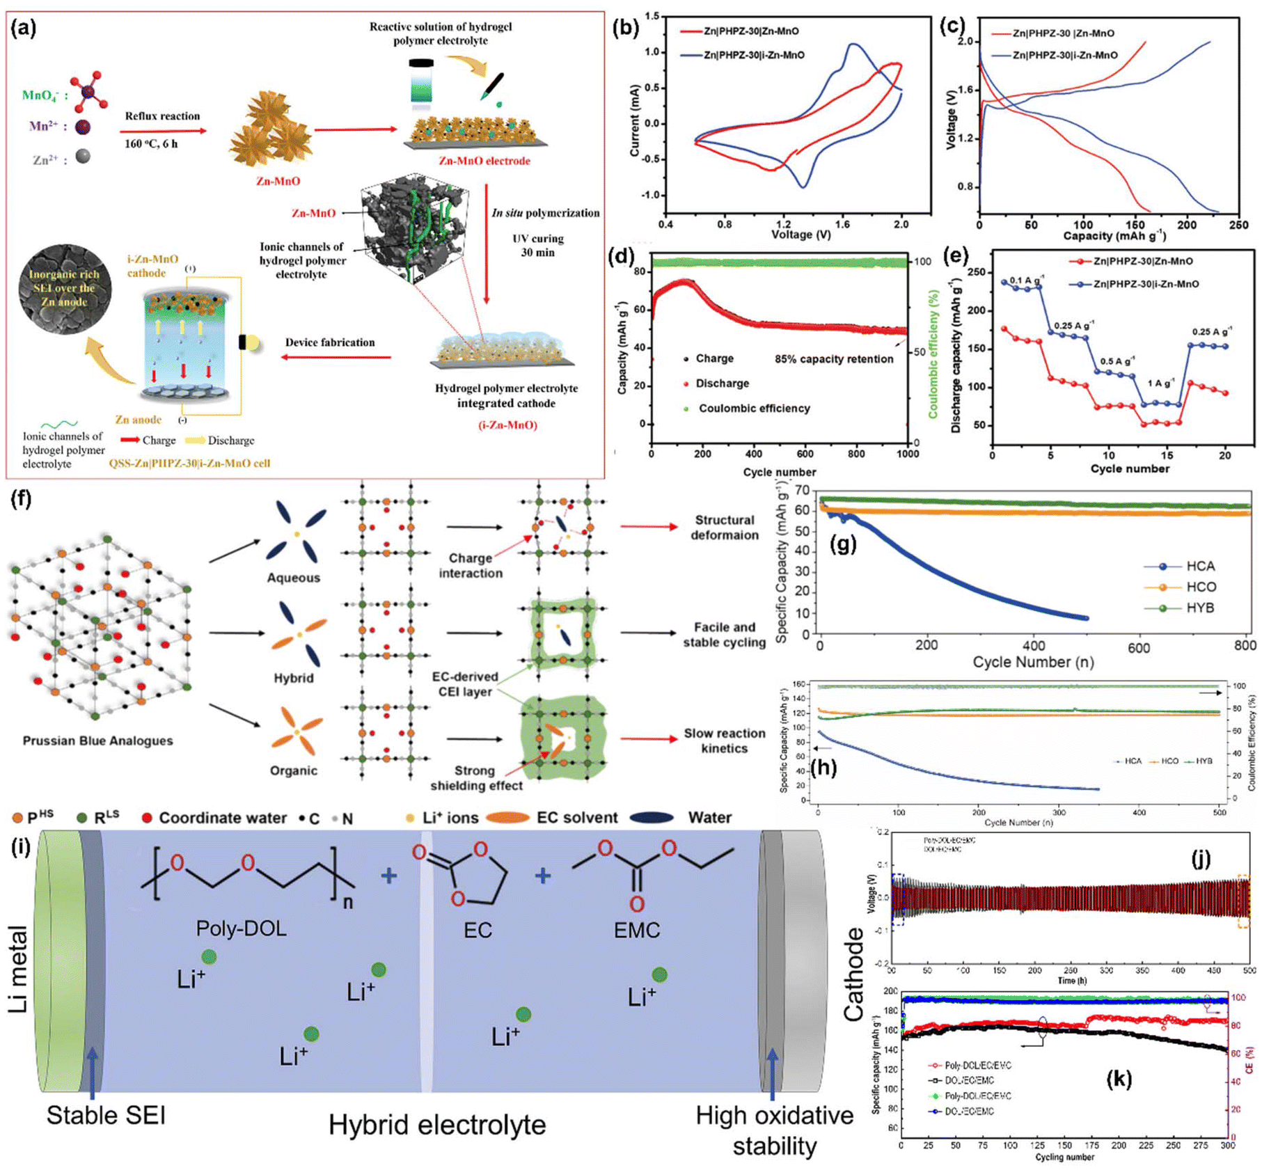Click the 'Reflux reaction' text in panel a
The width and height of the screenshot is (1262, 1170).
point(162,116)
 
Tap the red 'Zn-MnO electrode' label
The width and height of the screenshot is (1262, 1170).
point(484,161)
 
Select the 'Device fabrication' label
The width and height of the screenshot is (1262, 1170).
point(330,342)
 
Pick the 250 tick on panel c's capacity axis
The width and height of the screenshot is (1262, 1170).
point(1238,225)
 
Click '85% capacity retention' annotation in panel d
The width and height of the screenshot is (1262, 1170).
point(833,359)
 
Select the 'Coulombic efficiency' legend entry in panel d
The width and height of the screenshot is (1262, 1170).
point(754,409)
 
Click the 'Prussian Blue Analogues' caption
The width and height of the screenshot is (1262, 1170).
point(97,741)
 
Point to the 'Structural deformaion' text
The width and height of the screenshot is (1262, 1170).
point(724,528)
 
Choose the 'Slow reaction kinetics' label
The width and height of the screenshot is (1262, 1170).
point(724,741)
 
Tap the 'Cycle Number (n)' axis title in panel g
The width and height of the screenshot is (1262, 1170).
point(1033,662)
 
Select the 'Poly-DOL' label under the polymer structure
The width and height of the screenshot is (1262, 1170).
point(241,928)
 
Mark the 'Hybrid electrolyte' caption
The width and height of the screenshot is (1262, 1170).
point(437,1125)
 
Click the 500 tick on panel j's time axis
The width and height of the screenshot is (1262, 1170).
point(1249,970)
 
